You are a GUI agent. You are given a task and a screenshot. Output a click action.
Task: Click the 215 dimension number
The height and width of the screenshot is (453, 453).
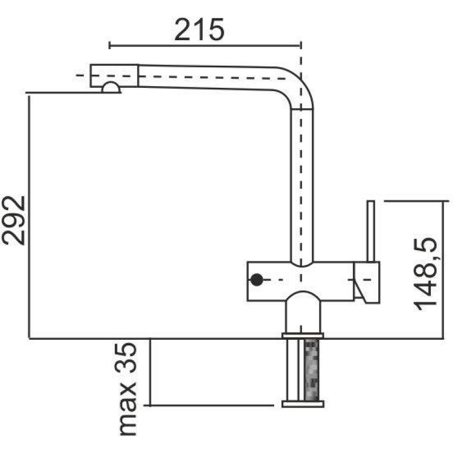click(x=199, y=29)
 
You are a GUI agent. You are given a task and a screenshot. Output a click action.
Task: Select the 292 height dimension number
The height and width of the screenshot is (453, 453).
click(x=14, y=220)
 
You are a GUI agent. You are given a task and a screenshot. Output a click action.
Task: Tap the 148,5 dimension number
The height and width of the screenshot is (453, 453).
click(x=425, y=274)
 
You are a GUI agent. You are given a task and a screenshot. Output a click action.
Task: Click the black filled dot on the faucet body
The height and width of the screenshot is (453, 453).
click(x=257, y=280)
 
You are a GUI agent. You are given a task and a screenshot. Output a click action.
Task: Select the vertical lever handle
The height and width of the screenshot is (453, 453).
click(x=371, y=231)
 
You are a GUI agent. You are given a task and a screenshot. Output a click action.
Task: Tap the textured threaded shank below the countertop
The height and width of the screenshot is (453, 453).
click(x=312, y=370)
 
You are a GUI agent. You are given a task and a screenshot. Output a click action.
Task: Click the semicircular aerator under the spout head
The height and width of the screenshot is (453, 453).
click(x=111, y=88)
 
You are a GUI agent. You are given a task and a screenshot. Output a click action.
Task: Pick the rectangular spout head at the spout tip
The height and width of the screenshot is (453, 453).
click(x=114, y=75)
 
